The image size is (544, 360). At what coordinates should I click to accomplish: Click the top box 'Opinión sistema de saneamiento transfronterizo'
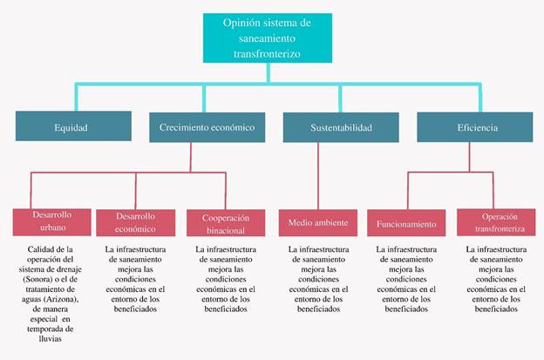[265, 37]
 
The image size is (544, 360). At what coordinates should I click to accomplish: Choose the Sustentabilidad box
[340, 127]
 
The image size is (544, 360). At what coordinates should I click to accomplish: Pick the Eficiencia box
[474, 127]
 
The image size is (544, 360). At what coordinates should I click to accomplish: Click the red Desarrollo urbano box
[50, 221]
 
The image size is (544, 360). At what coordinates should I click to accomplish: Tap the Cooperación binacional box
[226, 223]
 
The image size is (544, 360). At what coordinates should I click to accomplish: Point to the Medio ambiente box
[317, 222]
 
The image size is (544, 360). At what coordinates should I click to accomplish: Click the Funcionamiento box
[405, 223]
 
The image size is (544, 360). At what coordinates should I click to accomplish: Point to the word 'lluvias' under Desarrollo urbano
[50, 339]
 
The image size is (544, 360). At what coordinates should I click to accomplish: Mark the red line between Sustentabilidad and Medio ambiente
[317, 174]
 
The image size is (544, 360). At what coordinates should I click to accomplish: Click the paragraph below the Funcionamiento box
[405, 279]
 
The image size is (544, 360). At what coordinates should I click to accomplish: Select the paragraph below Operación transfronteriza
[496, 279]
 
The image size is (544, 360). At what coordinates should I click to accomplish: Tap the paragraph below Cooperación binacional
[225, 279]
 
